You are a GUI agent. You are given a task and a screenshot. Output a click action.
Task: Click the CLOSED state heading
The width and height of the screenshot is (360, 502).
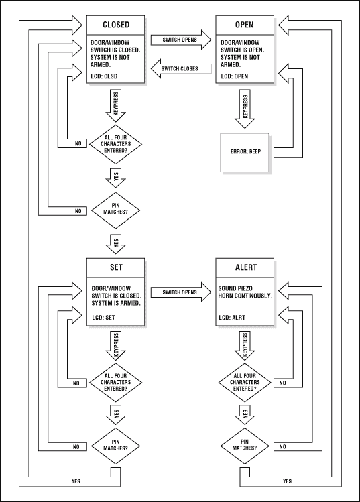pos(116,26)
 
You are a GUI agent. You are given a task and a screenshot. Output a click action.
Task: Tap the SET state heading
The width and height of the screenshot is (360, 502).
pos(116,268)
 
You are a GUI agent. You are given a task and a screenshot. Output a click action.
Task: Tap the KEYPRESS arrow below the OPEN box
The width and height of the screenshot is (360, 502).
pos(245,107)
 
